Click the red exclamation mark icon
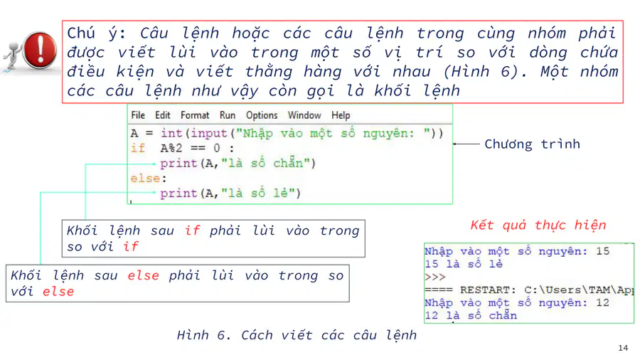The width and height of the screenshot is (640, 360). pos(40,50)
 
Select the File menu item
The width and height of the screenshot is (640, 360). pos(138,115)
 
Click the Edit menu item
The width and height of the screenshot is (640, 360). pos(162,115)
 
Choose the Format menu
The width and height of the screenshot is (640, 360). pos(195,115)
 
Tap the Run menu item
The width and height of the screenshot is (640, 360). pos(228,115)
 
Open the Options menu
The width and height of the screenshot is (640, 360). pos(262,115)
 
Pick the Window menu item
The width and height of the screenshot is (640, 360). pos(304,115)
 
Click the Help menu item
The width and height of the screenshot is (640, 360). pos(341,115)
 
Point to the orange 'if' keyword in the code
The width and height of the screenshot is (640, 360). pos(138,148)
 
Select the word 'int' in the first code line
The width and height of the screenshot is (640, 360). pos(171,133)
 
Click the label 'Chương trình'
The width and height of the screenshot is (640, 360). pos(532,144)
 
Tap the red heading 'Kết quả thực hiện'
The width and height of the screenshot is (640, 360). pos(538,225)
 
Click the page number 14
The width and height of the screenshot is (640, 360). pos(623,348)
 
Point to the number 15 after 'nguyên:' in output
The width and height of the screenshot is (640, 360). pos(603,251)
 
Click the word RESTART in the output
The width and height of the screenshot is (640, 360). pos(485,290)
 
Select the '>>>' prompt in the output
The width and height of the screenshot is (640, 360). pos(435,277)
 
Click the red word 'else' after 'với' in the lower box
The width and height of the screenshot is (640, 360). pos(58,292)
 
